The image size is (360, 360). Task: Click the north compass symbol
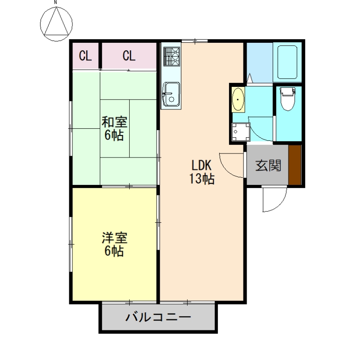click(x=56, y=23)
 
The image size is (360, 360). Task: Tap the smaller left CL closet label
click(x=85, y=56)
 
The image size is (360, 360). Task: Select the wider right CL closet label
click(x=129, y=56)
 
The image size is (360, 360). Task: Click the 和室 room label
click(x=114, y=122)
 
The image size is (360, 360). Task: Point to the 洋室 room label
click(x=114, y=237)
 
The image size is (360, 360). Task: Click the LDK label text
click(x=202, y=165)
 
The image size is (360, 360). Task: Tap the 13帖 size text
click(x=202, y=179)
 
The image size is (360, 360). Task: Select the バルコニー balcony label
click(x=158, y=317)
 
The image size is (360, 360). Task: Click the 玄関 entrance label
click(x=268, y=166)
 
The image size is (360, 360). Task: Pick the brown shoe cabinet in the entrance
click(x=295, y=165)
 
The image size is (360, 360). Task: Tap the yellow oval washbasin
click(x=238, y=99)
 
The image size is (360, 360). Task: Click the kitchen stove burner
click(x=171, y=56)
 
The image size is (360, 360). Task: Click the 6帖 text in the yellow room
click(x=114, y=251)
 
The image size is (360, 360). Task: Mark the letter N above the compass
click(x=56, y=3)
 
